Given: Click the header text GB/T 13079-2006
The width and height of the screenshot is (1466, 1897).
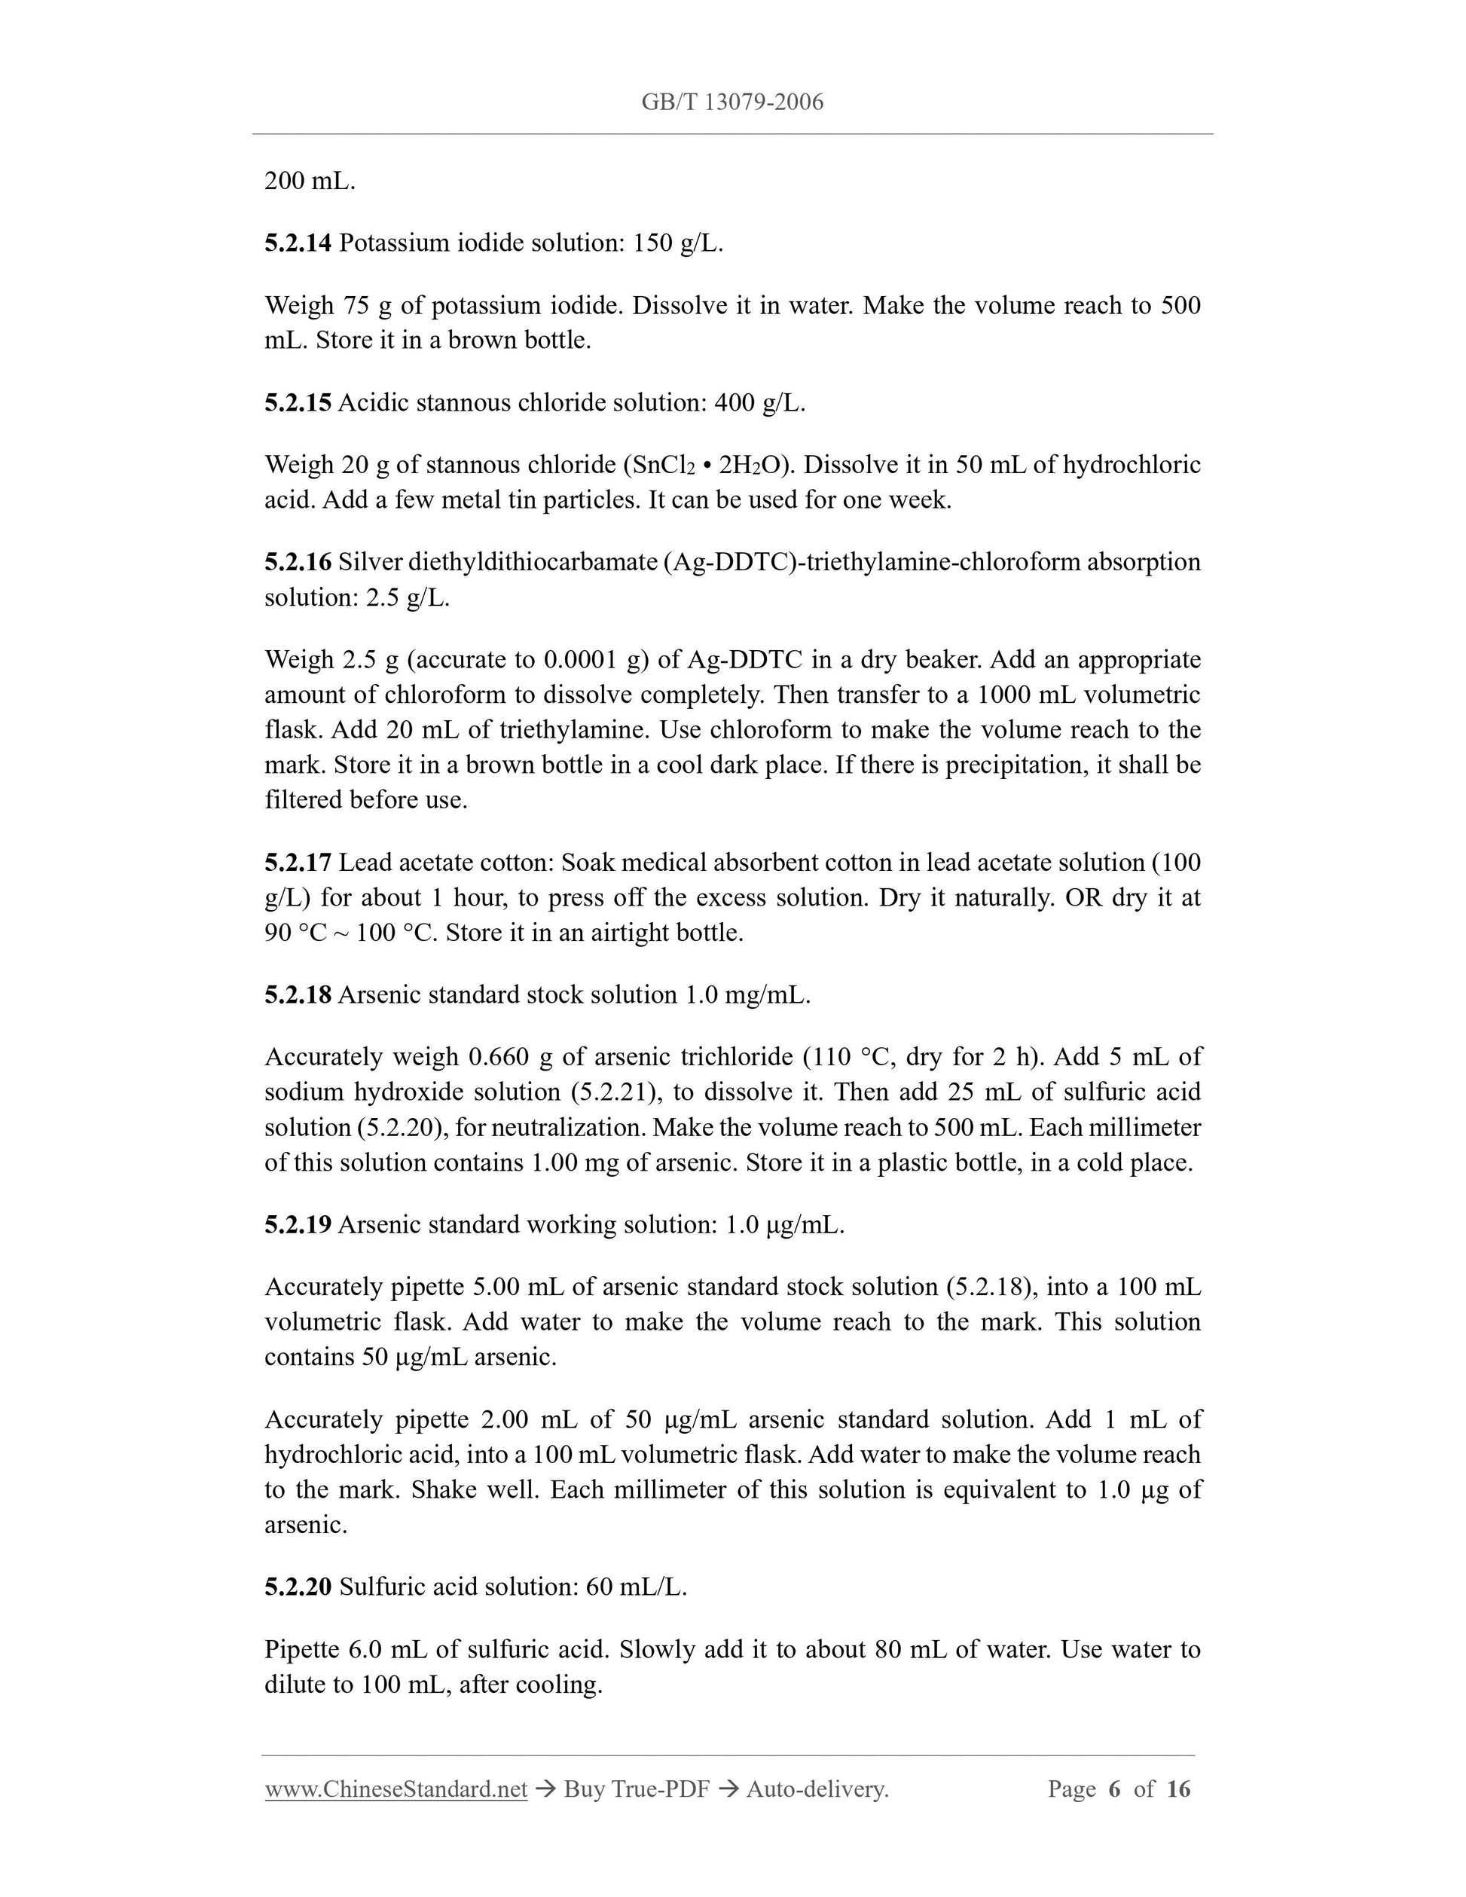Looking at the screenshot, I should coord(732,102).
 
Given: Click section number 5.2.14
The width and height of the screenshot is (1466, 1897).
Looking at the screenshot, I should coord(298,243).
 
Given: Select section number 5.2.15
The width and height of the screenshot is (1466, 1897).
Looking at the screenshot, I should coord(298,403).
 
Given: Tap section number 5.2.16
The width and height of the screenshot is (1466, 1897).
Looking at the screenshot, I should coord(298,563).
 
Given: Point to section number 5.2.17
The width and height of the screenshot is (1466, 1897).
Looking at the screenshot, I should coord(298,863).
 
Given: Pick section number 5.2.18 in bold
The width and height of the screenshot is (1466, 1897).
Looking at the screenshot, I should coord(298,994).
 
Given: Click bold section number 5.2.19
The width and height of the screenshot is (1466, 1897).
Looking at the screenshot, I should coord(298,1225).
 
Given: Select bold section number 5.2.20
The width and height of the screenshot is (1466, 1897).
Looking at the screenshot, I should coord(298,1587).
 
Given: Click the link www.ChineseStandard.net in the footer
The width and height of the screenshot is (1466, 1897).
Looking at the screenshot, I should coord(396,1789).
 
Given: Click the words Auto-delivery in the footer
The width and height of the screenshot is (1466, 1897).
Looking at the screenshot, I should coord(817,1789).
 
